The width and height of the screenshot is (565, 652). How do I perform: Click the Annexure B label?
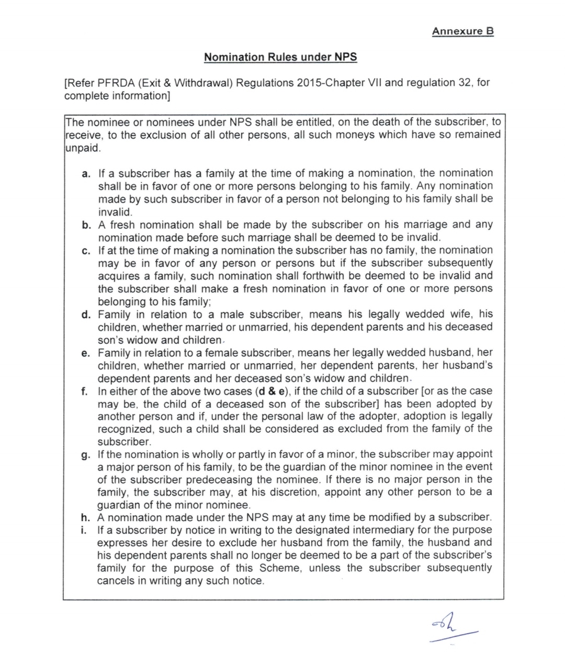pyautogui.click(x=462, y=31)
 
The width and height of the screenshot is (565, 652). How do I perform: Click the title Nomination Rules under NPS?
pyautogui.click(x=280, y=57)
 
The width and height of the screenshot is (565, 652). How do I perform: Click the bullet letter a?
pyautogui.click(x=86, y=174)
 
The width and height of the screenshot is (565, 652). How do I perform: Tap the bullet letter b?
pyautogui.click(x=86, y=225)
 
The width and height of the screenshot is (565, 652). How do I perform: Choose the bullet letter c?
pyautogui.click(x=86, y=251)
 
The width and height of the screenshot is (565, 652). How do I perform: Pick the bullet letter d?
pyautogui.click(x=86, y=315)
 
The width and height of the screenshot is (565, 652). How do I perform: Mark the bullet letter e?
pyautogui.click(x=86, y=353)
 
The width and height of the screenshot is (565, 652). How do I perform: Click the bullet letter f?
pyautogui.click(x=85, y=391)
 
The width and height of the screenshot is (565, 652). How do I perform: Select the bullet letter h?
pyautogui.click(x=86, y=518)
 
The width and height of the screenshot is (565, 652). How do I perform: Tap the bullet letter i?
pyautogui.click(x=85, y=530)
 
